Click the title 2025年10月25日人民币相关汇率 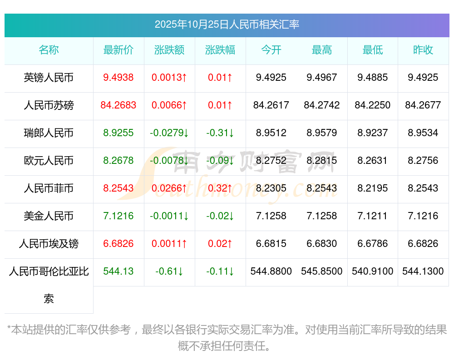227,25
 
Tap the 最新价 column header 118,50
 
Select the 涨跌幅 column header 220,50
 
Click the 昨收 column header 423,50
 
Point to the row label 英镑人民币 49,78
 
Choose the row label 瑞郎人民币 49,133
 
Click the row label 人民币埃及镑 49,244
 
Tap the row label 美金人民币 49,216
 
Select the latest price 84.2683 118,105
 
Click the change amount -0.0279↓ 169,133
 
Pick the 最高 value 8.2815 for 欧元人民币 322,161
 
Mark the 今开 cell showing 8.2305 271,188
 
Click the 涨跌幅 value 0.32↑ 220,188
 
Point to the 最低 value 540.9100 373,271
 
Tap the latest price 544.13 118,271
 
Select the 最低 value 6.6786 373,244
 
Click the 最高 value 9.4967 322,78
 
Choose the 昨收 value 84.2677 423,105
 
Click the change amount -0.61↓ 169,271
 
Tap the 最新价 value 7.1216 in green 118,216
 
